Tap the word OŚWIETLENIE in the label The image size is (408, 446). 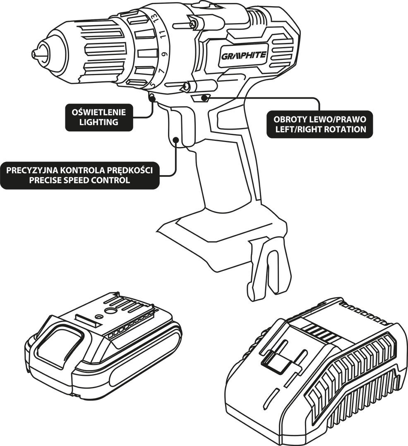[x=99, y=112]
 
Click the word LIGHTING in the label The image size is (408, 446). [x=99, y=122]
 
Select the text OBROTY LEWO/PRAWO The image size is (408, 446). [x=320, y=119]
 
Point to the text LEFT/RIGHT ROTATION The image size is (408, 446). [x=320, y=129]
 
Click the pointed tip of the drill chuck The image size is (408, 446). [x=34, y=53]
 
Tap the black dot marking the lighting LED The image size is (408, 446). [x=152, y=98]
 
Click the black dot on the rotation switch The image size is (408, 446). [x=204, y=98]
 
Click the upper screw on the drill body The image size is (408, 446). [x=192, y=24]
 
